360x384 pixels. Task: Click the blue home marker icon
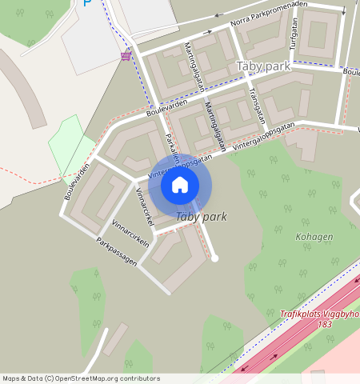pyautogui.click(x=180, y=185)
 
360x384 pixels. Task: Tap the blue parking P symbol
pyautogui.click(x=87, y=2)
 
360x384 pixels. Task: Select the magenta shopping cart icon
pyautogui.click(x=126, y=55)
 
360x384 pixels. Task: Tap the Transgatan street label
pyautogui.click(x=257, y=102)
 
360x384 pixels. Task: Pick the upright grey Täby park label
pyautogui.click(x=263, y=66)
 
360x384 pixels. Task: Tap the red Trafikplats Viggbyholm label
pyautogui.click(x=320, y=314)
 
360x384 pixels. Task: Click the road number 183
pyautogui.click(x=324, y=324)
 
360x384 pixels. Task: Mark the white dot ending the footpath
pyautogui.click(x=214, y=258)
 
